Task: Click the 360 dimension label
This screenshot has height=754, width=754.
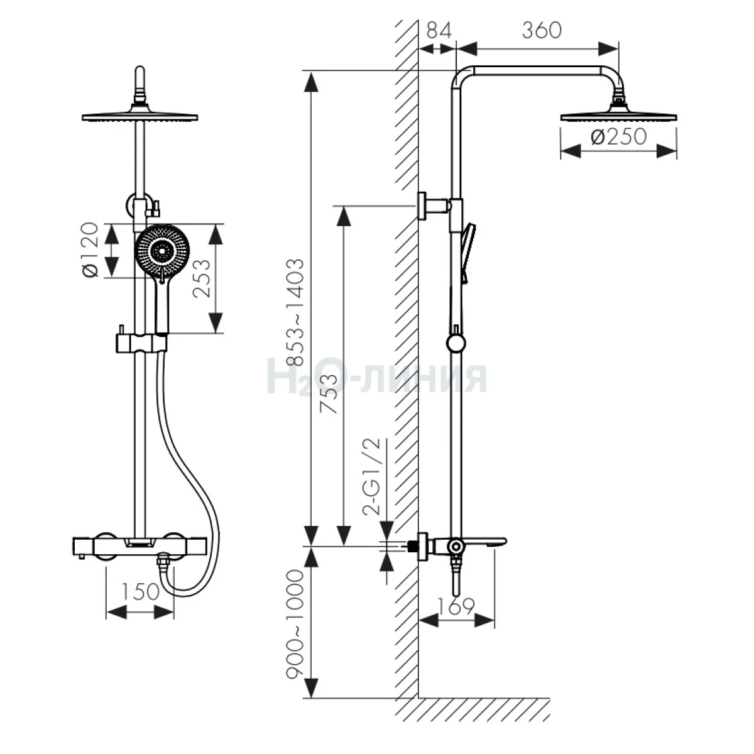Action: pos(541,30)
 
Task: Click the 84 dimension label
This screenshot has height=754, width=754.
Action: pos(439,30)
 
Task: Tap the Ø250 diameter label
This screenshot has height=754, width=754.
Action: pos(619,136)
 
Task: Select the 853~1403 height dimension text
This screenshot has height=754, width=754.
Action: pos(295,312)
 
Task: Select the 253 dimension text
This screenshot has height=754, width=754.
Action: pos(200,278)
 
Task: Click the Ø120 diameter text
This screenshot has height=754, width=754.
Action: pos(91,249)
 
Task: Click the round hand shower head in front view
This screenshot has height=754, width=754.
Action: pos(162,251)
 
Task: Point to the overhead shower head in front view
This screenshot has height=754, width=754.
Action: pos(140,117)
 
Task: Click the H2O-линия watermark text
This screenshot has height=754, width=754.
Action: pos(377,377)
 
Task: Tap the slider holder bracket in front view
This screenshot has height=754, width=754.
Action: pos(141,342)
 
